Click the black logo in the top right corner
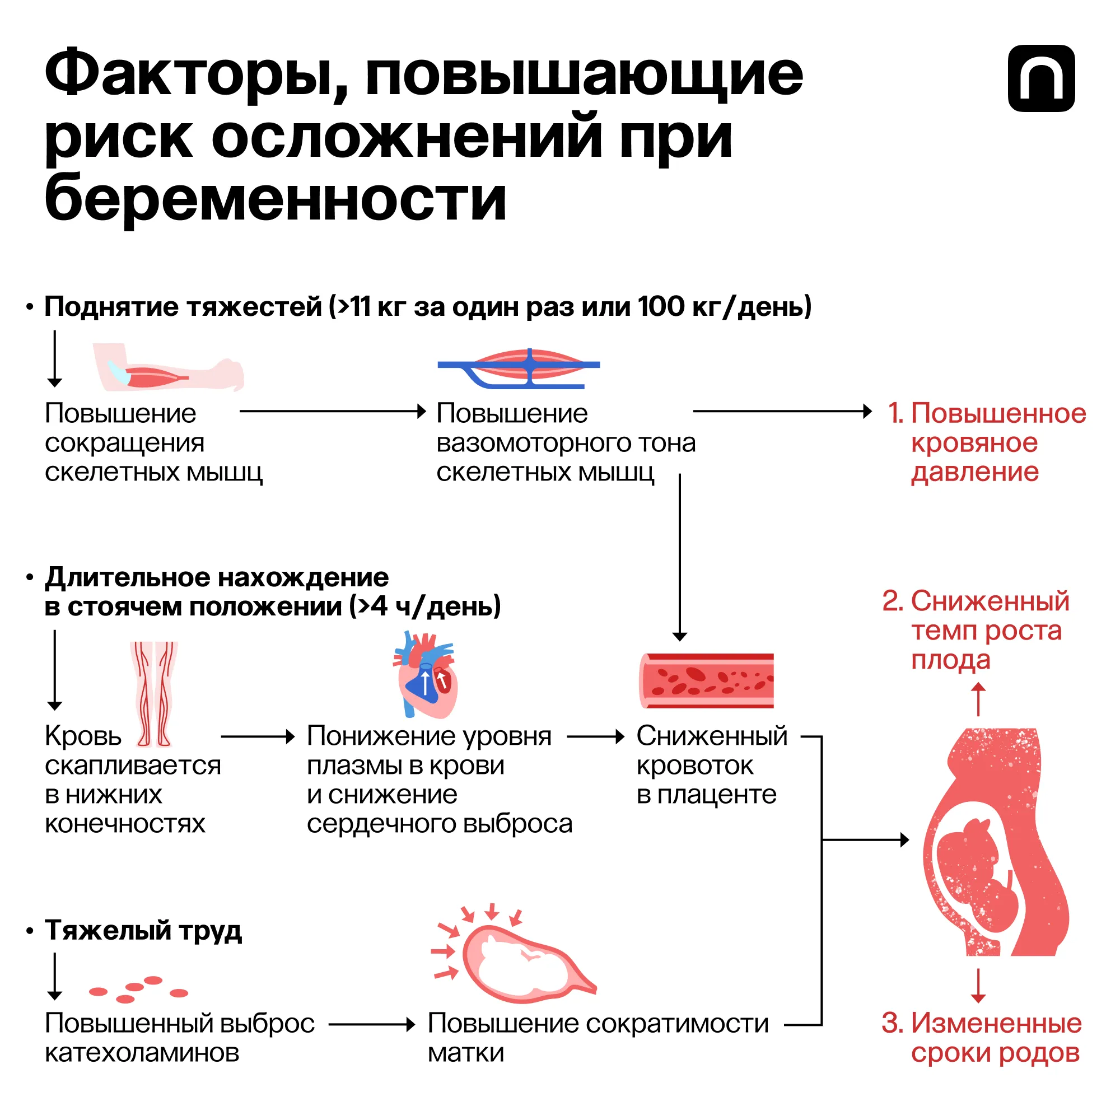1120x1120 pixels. pos(1041,78)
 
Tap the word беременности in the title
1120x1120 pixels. pos(276,199)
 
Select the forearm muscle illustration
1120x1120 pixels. pos(168,367)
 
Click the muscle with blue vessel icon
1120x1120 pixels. pos(520,367)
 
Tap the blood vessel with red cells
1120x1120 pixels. pos(707,681)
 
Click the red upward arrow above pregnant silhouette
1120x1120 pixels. pos(978,698)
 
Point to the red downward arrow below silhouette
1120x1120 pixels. pos(978,986)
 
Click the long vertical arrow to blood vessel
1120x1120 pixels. pos(680,557)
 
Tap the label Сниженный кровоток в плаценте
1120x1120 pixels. pos(710,765)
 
